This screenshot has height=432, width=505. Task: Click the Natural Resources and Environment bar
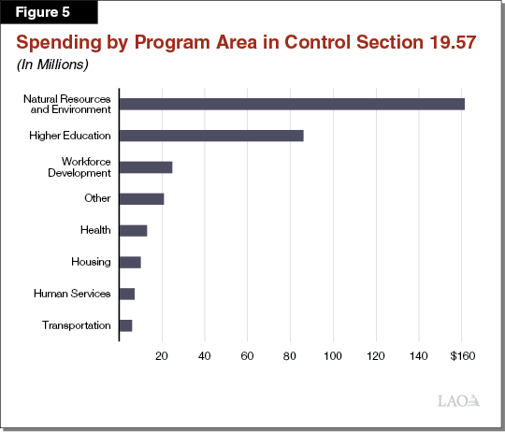point(292,104)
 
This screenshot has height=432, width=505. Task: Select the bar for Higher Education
point(211,136)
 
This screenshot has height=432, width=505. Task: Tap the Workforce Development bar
point(146,167)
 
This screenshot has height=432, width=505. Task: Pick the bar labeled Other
point(141,199)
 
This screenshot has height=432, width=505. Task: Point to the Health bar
point(133,230)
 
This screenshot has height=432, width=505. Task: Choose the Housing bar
point(130,262)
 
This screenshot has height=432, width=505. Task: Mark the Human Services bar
point(127,294)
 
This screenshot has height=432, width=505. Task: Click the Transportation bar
point(125,325)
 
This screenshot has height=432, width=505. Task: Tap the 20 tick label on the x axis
point(162,356)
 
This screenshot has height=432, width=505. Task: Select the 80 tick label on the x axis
point(290,356)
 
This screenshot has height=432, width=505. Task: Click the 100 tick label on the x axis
point(333,356)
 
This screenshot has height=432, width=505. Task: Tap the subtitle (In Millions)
point(51,65)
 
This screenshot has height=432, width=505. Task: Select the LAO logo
point(458,401)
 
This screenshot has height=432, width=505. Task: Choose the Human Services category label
point(72,294)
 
